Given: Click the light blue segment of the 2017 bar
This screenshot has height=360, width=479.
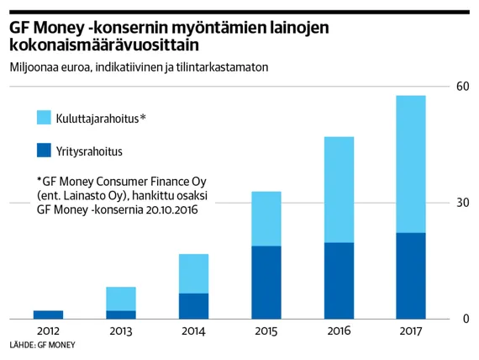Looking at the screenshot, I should (410, 164).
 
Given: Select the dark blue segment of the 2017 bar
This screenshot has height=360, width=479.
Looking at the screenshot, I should (410, 276).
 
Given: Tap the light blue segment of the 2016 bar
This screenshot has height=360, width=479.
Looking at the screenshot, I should (338, 189).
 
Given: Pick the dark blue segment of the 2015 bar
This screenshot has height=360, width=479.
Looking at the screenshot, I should (266, 283).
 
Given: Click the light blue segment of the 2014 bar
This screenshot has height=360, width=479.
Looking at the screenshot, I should (193, 273).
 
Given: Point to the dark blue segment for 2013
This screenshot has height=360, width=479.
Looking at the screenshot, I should (121, 315).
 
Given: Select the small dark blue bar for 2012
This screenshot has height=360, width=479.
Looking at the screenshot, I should (49, 315).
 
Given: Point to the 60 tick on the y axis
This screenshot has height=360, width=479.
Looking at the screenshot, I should (461, 87).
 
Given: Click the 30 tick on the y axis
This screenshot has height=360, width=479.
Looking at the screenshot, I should (461, 203).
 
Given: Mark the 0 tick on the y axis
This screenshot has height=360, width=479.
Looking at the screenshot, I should (465, 320).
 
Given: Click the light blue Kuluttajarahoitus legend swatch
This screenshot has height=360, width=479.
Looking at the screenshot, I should (45, 117).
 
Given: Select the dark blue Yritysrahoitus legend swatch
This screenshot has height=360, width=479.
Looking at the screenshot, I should (45, 151).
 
